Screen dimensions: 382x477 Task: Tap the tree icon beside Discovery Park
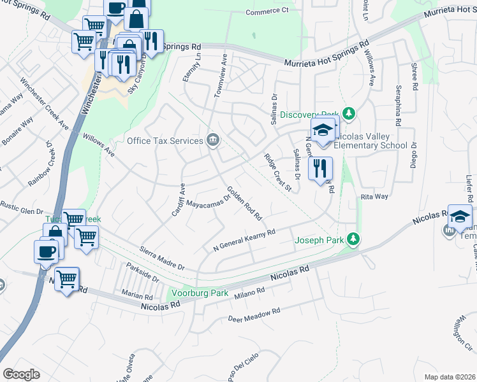point(348,113)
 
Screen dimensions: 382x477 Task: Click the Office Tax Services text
point(165,141)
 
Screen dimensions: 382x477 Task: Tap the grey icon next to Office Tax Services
point(212,140)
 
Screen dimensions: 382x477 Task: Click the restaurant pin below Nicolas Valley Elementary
point(319,169)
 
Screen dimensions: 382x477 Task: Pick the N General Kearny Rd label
point(244,241)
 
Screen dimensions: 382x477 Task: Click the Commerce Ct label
point(267,11)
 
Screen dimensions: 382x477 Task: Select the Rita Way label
point(374,197)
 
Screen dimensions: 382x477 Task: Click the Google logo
point(21,374)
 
